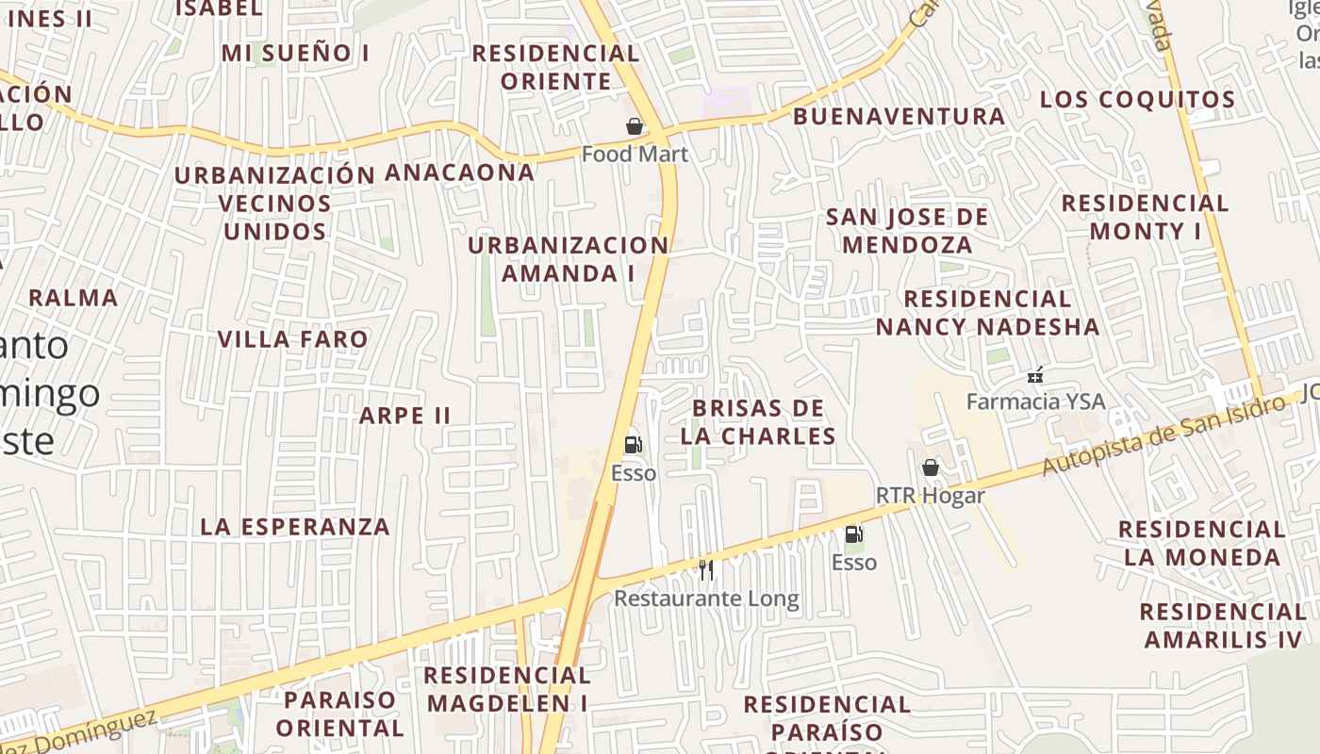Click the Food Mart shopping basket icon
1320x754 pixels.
point(635,126)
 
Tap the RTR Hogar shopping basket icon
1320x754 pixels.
point(931,467)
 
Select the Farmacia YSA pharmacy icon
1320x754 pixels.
point(1035,375)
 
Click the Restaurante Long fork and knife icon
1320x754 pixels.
point(706,569)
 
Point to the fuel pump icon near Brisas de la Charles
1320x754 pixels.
point(634,444)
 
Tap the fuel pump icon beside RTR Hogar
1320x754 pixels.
point(853,534)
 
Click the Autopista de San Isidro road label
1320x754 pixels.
point(1163,435)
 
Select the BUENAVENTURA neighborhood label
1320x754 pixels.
point(899,117)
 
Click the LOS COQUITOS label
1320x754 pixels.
point(1137,100)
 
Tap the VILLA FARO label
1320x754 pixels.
point(293,339)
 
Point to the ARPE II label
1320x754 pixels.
point(405,416)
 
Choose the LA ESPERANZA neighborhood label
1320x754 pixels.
point(295,527)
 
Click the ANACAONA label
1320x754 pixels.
point(459,173)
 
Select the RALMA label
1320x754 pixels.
point(74,299)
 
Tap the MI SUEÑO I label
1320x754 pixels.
point(295,54)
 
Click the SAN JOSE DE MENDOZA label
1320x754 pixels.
point(907,231)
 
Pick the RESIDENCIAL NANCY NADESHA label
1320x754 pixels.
point(987,313)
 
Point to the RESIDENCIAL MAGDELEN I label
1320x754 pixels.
point(507,689)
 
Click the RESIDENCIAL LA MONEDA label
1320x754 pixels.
point(1202,543)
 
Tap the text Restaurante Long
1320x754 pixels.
point(706,598)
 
